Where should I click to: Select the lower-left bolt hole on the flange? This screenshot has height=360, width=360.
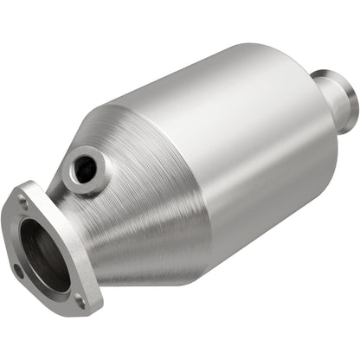click(x=18, y=270)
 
